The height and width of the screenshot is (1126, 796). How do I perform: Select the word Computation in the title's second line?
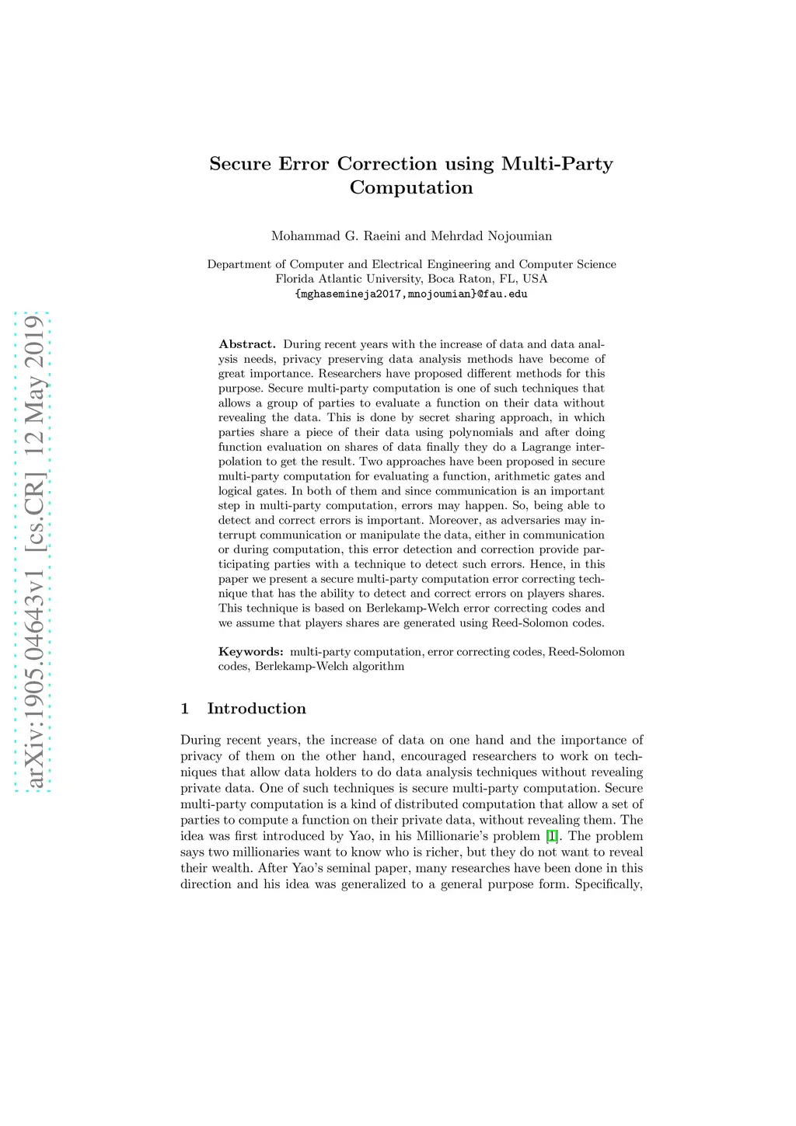[411, 188]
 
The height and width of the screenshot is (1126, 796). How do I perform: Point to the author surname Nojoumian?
[519, 236]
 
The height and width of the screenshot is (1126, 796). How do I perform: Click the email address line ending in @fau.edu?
[411, 295]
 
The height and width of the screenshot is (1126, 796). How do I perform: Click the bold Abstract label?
[247, 344]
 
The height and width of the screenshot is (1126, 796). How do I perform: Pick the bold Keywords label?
[250, 652]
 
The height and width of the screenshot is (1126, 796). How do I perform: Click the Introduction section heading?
[257, 709]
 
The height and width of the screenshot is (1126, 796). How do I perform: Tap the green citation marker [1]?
[551, 836]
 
